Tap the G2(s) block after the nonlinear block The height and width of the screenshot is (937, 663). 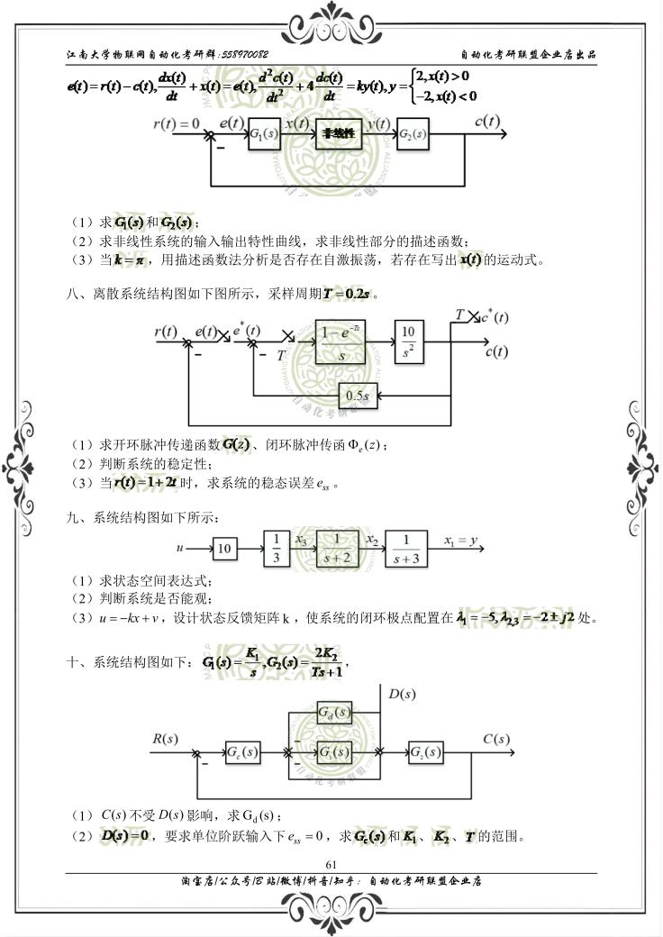[413, 134]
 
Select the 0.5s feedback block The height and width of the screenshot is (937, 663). [358, 395]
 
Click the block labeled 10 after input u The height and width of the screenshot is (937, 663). [224, 548]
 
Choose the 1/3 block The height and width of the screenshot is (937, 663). [277, 548]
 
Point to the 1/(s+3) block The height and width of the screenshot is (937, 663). [406, 548]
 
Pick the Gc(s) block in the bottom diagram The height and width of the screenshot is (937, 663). [242, 751]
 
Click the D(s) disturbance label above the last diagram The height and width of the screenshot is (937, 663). [402, 695]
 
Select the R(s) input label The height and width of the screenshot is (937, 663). [164, 740]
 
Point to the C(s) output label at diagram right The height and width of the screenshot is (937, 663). [496, 740]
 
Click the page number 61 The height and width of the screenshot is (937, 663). [331, 865]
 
